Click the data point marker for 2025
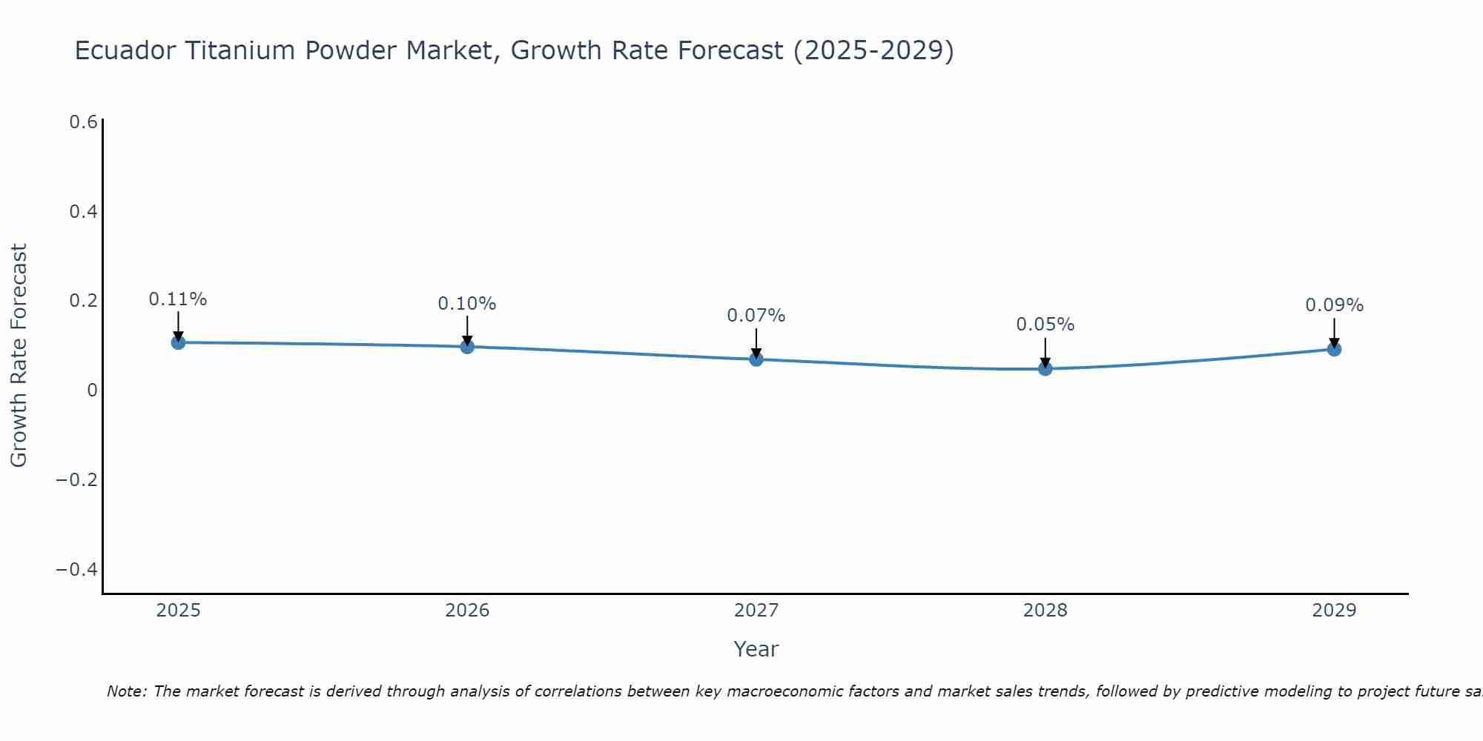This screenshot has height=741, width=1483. [178, 342]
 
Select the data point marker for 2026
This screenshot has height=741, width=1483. [467, 347]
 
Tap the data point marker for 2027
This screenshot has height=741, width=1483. [756, 359]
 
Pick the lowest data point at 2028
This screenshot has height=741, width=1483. [1046, 368]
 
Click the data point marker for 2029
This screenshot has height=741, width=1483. [1334, 349]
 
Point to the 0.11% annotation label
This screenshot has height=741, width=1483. [178, 299]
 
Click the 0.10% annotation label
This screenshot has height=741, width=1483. [467, 304]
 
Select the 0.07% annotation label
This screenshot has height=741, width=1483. [756, 316]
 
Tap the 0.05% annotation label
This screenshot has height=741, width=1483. [1046, 325]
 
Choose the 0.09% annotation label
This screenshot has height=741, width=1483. [1334, 305]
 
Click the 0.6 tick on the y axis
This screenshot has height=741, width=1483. [84, 122]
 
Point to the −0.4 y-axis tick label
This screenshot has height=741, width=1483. [77, 570]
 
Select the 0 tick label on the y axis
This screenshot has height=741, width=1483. [92, 391]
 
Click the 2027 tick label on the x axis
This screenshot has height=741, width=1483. [756, 611]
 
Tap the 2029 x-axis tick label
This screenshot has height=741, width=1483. [1334, 611]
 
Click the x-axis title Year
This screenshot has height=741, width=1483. [756, 649]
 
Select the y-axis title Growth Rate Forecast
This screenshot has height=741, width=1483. [19, 356]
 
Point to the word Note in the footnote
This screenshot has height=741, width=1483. [126, 691]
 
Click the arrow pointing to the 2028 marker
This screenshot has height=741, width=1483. [1046, 351]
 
